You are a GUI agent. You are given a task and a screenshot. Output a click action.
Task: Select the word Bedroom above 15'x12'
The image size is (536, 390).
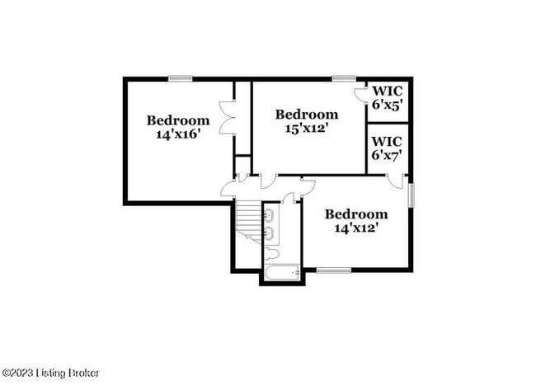pos(307,115)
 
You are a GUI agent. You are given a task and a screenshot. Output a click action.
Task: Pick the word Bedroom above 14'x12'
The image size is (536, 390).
pos(355,214)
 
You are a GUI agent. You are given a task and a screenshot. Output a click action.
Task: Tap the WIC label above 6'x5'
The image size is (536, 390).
pos(388,92)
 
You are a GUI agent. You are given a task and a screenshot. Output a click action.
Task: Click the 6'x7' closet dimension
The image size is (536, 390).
pos(387,154)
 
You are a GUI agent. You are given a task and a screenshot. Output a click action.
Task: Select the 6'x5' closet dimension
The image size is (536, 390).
pos(387,105)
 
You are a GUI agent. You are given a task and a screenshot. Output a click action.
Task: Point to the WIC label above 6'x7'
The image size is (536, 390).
pos(388,141)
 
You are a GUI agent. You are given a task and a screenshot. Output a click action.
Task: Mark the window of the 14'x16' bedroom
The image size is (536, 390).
pos(181,78)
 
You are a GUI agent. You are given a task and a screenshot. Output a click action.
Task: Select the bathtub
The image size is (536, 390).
pos(283,271)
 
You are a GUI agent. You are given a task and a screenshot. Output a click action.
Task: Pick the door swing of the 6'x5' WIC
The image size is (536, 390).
pos(360,93)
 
